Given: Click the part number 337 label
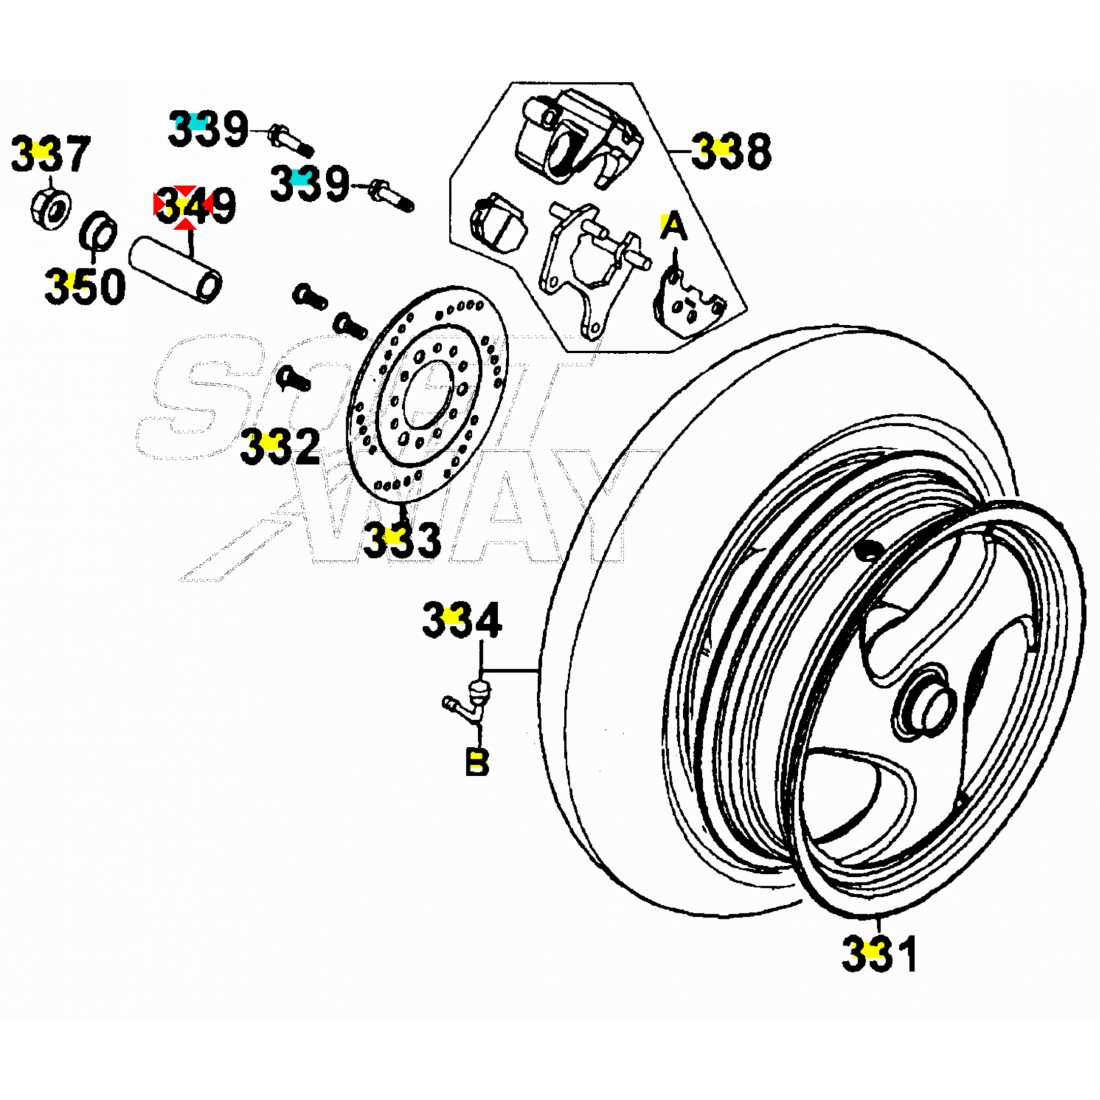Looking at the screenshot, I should point(50,155).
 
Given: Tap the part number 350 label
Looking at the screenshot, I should point(84,287).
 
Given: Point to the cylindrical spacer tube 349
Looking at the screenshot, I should point(180,269).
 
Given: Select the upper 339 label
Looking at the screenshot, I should point(207,128).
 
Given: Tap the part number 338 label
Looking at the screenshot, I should point(733,152).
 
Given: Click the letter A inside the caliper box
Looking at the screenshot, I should point(674,228).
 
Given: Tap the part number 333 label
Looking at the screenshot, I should point(401,540).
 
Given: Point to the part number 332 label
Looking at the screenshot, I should point(279,447).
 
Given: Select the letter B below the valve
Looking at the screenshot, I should point(477,762).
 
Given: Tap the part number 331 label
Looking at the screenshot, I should point(878,954).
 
